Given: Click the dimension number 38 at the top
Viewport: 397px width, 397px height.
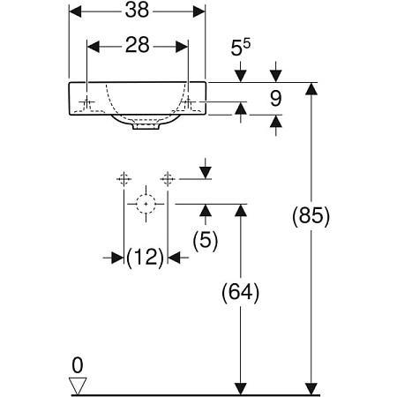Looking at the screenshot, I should [138, 12].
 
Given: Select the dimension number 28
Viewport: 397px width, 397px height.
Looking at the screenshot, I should [138, 45].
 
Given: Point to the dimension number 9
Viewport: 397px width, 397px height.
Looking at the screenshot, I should [275, 99].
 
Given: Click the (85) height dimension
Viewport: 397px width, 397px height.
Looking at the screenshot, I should [311, 216].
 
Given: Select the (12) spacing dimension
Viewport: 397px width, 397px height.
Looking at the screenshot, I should [145, 258].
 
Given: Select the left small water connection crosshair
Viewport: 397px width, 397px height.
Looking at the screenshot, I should [124, 179].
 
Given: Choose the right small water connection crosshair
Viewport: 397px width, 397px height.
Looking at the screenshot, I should [165, 179].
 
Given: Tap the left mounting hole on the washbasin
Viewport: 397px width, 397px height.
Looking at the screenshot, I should [86, 103].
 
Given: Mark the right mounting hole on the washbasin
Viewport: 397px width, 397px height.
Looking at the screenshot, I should [187, 103].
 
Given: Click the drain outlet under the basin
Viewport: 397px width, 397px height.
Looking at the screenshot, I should [145, 127].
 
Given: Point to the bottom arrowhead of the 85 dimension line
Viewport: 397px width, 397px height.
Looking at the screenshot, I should [311, 388].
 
